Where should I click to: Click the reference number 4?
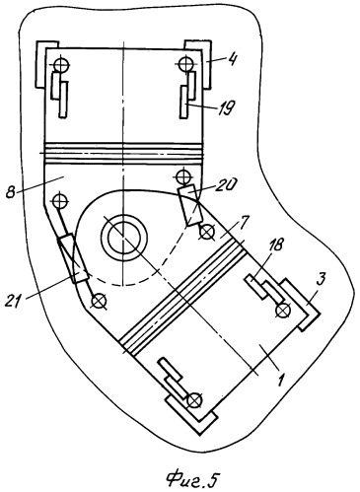tap(233, 59)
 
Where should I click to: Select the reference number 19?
tap(226, 107)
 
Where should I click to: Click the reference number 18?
tap(275, 245)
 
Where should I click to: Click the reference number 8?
tap(12, 191)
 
